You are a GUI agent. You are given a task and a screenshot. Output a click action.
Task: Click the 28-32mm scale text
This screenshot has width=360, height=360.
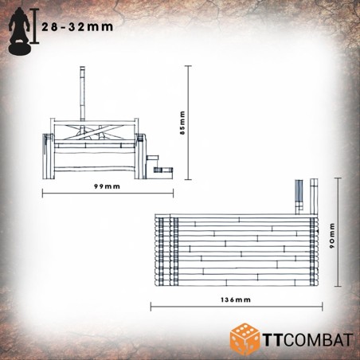(x=77, y=27)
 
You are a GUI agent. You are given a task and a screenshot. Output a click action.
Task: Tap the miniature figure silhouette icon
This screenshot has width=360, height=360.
(x=19, y=31)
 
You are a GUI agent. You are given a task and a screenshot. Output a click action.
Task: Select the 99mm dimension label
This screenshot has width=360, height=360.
(x=107, y=186)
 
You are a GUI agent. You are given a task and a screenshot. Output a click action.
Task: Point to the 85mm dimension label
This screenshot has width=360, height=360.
(x=182, y=123)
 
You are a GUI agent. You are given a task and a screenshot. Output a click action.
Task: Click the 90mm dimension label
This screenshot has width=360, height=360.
(x=332, y=236)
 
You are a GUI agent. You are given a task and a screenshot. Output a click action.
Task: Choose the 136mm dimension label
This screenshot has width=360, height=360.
(x=236, y=299)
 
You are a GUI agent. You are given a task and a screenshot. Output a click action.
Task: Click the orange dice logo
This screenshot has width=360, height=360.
(x=245, y=338)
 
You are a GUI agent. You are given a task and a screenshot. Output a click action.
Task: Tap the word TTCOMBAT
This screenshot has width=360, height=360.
(x=308, y=340)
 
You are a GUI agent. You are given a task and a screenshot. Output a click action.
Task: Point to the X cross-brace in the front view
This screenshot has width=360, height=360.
(x=91, y=132)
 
